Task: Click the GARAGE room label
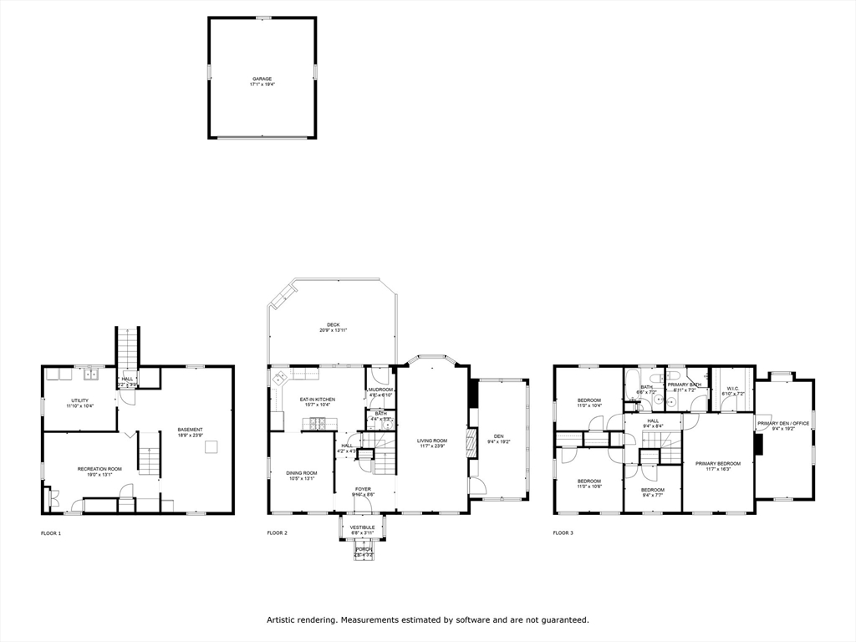click(x=262, y=79)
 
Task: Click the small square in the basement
click(x=212, y=446)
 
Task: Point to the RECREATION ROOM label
click(x=99, y=469)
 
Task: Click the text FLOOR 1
click(x=51, y=532)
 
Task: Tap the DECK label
click(x=333, y=324)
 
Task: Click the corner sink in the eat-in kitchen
click(x=278, y=379)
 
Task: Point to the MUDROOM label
click(x=380, y=390)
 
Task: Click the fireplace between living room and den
click(x=470, y=440)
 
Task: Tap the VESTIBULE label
click(x=363, y=527)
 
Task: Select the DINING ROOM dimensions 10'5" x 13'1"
click(x=303, y=479)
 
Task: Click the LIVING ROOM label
click(x=433, y=441)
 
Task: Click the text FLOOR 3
click(x=563, y=532)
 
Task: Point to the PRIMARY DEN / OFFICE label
click(x=784, y=423)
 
